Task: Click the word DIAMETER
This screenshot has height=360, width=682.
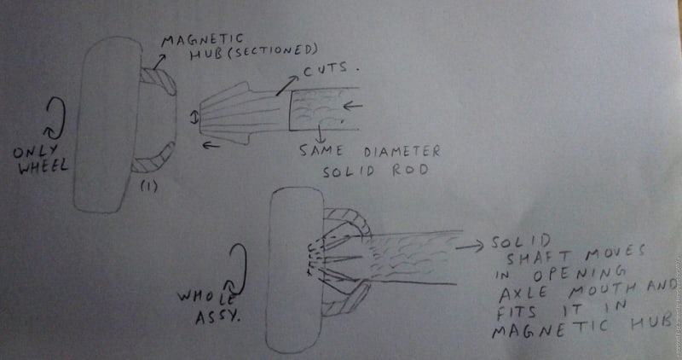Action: coord(403,152)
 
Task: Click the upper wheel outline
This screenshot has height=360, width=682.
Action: coord(107,124)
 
